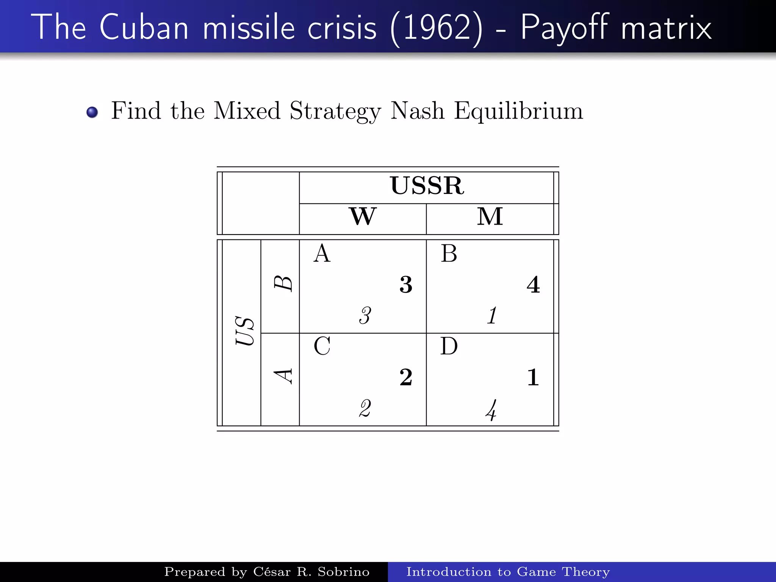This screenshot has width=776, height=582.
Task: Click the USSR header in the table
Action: pyautogui.click(x=427, y=186)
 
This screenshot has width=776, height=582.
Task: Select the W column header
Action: pyautogui.click(x=363, y=216)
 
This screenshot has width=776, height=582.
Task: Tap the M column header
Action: pyautogui.click(x=490, y=216)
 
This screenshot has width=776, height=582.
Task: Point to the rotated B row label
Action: pyautogui.click(x=283, y=283)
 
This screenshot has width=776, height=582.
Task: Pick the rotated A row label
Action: pyautogui.click(x=283, y=376)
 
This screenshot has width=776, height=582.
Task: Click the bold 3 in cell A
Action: pyautogui.click(x=406, y=285)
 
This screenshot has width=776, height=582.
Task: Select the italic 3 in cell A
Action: pyautogui.click(x=365, y=316)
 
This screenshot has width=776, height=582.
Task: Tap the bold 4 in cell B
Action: pyautogui.click(x=533, y=285)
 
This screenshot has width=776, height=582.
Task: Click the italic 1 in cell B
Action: pyautogui.click(x=492, y=316)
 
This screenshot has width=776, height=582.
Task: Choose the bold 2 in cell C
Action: pyautogui.click(x=406, y=377)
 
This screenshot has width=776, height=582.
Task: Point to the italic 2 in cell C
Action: pyautogui.click(x=365, y=408)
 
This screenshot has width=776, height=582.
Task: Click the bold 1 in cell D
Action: pyautogui.click(x=533, y=377)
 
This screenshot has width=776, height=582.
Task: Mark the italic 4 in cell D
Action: pyautogui.click(x=491, y=410)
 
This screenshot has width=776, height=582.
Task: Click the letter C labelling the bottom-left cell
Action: pyautogui.click(x=322, y=346)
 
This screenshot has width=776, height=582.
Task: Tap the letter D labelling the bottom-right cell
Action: pyautogui.click(x=449, y=346)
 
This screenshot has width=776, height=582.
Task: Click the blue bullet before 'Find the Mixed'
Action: pyautogui.click(x=92, y=112)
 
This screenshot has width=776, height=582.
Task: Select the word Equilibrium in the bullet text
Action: pyautogui.click(x=518, y=111)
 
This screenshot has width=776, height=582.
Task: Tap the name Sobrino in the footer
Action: pyautogui.click(x=343, y=572)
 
